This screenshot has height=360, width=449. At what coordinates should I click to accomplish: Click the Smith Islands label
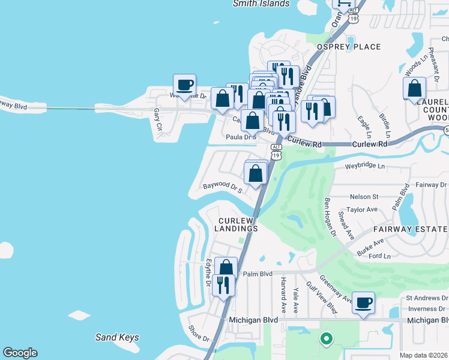pyautogui.click(x=261, y=4)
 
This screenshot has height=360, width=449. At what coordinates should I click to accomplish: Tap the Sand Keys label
pyautogui.click(x=117, y=338)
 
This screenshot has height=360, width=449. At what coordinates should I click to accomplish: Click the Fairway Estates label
pyautogui.click(x=411, y=229)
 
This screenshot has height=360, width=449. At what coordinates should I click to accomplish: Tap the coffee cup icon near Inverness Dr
pyautogui.click(x=363, y=303)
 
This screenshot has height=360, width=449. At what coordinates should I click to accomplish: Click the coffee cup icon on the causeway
pyautogui.click(x=184, y=85)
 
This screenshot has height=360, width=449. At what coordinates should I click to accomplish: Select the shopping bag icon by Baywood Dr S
pyautogui.click(x=256, y=174)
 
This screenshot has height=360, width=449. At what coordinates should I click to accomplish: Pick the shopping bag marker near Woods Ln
pyautogui.click(x=414, y=88)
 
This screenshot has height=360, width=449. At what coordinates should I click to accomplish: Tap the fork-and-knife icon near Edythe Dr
pyautogui.click(x=223, y=286)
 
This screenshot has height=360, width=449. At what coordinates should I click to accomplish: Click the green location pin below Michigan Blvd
pyautogui.click(x=326, y=339)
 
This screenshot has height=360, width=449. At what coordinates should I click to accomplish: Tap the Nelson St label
pyautogui.click(x=364, y=196)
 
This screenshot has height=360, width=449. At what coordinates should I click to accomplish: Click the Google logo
pyautogui.click(x=20, y=353)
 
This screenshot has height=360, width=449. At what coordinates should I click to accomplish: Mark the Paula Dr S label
pyautogui.click(x=241, y=137)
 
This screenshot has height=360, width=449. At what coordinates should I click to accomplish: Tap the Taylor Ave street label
pyautogui.click(x=362, y=209)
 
